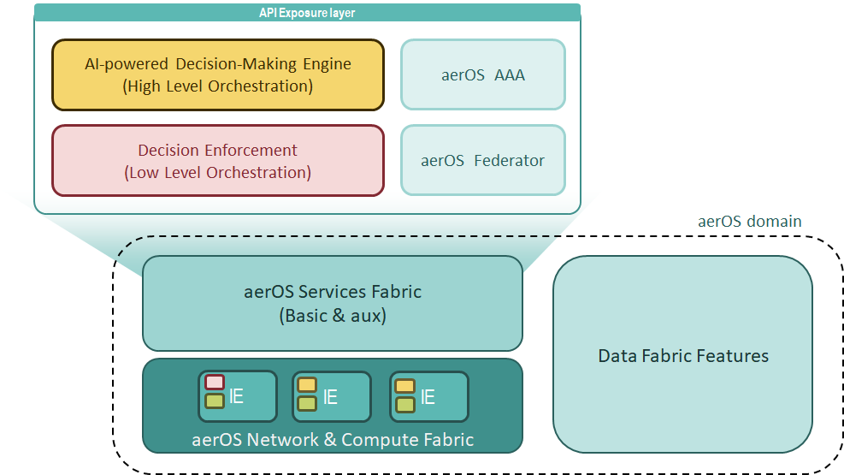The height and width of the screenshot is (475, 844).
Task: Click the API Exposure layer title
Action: tap(307, 12)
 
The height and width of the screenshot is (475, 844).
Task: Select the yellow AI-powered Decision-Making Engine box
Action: tap(218, 74)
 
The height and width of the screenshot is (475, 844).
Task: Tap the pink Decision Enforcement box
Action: tap(218, 161)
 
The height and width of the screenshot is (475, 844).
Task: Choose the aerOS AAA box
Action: tap(483, 74)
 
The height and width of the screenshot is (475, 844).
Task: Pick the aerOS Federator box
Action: tap(483, 160)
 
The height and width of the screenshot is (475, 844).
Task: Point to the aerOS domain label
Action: tap(750, 222)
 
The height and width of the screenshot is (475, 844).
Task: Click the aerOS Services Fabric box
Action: tap(332, 303)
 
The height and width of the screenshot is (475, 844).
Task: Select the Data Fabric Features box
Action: tap(682, 355)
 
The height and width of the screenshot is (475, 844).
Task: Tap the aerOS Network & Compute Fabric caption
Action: tap(333, 440)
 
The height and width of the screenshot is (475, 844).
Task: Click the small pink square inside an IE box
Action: tap(215, 383)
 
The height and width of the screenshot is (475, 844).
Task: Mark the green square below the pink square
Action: tap(215, 401)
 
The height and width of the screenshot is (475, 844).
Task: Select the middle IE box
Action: tap(332, 396)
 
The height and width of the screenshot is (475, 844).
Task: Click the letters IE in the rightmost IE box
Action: tap(428, 397)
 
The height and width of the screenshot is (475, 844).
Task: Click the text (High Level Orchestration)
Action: tap(218, 86)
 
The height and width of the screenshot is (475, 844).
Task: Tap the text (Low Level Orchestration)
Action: tap(218, 173)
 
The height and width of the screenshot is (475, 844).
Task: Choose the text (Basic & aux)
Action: tap(332, 316)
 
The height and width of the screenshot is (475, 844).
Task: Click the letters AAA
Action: tap(509, 74)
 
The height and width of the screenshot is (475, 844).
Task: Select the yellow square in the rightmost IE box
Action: tap(405, 386)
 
